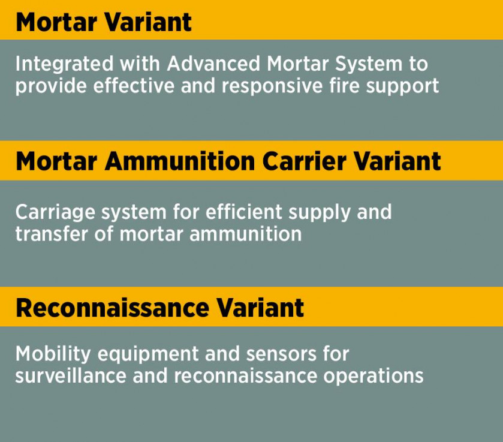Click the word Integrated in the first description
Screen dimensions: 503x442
click(65, 64)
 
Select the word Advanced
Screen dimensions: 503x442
click(213, 63)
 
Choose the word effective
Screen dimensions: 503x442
click(134, 86)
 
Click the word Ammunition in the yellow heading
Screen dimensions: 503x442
click(180, 161)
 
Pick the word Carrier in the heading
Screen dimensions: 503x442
click(305, 161)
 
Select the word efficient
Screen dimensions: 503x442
click(244, 212)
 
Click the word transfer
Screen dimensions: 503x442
click(52, 234)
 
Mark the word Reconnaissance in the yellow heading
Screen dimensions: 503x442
click(112, 308)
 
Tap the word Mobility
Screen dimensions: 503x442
click(53, 354)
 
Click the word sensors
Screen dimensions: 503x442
click(281, 354)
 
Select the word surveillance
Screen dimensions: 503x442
click(71, 375)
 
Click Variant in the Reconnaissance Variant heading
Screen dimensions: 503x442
click(260, 308)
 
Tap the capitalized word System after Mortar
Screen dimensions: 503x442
click(368, 64)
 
